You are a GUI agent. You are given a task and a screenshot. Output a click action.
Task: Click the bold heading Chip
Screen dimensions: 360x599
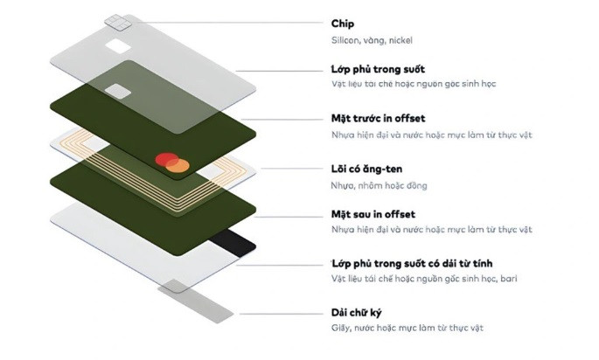click(343, 24)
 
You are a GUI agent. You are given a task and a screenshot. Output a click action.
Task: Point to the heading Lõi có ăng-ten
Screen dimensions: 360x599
click(366, 168)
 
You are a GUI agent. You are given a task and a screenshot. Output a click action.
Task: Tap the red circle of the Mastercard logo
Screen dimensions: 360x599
click(164, 160)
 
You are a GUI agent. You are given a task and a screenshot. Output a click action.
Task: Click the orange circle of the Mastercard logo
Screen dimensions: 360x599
click(177, 164)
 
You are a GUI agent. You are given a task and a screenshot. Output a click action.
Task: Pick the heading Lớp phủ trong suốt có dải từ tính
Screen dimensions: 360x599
click(414, 262)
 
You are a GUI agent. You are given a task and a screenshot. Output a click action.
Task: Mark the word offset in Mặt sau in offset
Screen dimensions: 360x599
click(399, 214)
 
